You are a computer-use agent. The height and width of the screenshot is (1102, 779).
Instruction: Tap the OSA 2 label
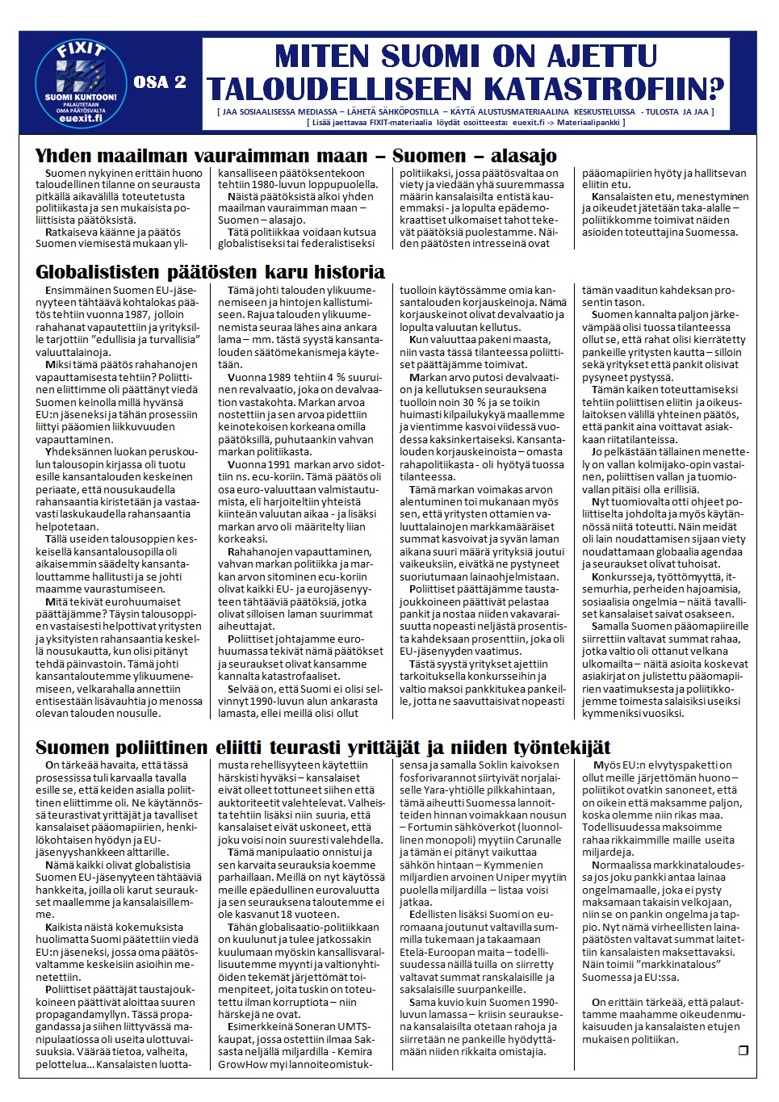point(160,82)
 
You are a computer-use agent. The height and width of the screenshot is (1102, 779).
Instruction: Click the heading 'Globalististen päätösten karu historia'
point(210,271)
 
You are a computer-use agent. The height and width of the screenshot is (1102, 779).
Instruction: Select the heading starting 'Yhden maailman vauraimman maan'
point(295,156)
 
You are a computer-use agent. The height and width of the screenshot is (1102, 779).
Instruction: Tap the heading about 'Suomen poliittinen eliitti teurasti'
point(323,747)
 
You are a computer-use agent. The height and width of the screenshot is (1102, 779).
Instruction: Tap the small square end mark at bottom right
point(743,1050)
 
